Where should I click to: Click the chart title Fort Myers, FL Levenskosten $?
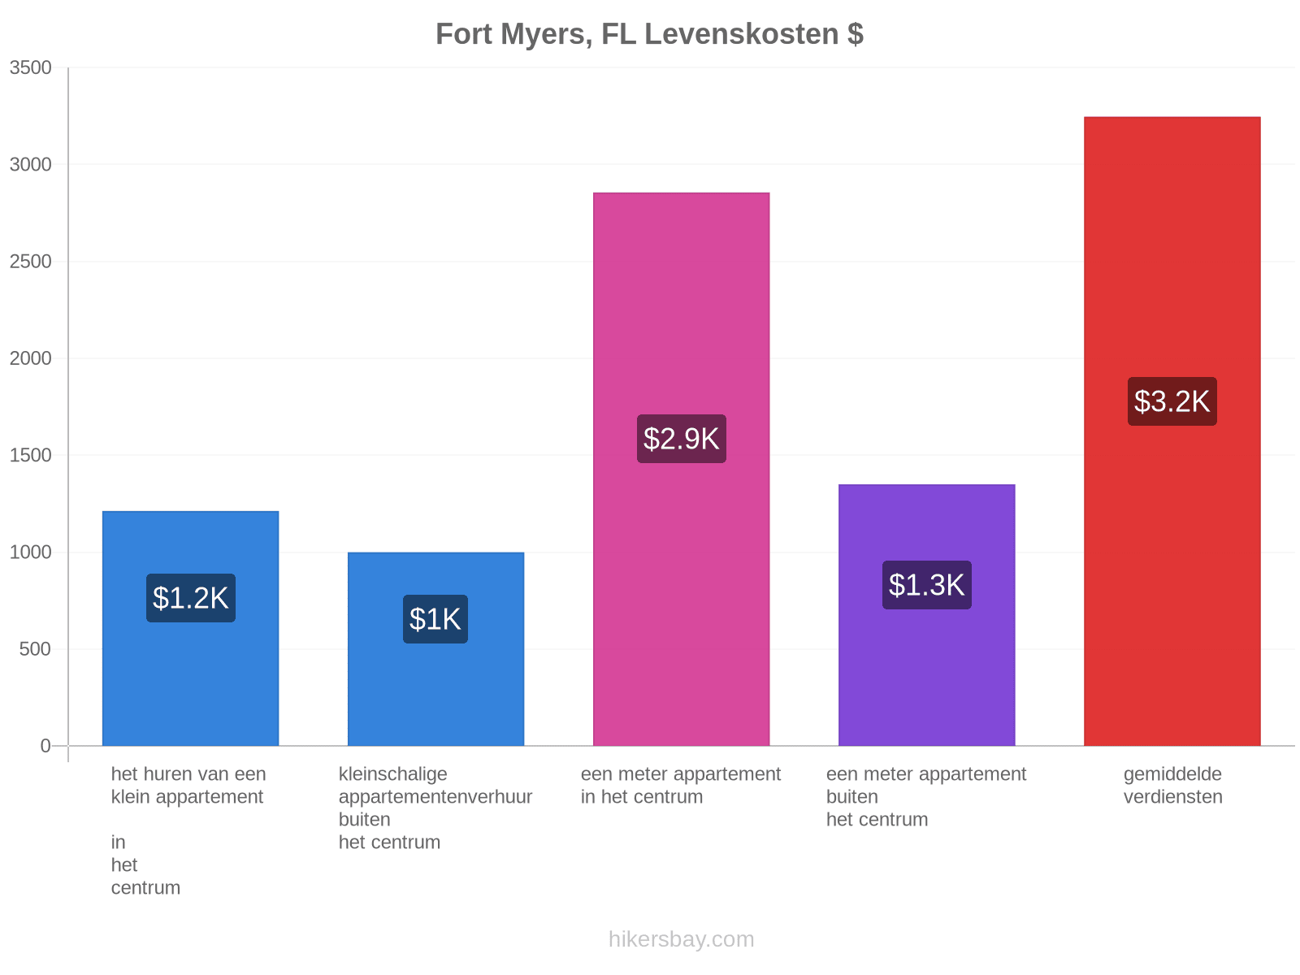649,34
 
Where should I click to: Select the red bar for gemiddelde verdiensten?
1172,431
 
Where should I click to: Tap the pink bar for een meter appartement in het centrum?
681,469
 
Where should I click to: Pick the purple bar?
926,615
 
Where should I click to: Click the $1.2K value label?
191,598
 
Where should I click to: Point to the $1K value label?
435,619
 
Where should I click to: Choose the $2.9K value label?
681,439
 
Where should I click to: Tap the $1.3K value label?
926,585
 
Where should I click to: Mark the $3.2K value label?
1172,401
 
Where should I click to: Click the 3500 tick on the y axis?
30,67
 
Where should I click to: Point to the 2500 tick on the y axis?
30,261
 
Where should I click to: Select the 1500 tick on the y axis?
30,455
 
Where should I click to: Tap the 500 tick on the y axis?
35,649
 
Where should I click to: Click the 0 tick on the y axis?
45,746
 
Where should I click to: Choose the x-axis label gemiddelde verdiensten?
1172,786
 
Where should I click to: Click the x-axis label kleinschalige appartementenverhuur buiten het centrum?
435,808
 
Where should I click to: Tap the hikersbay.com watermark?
681,939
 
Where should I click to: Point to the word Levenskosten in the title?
741,34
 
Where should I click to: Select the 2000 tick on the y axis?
30,358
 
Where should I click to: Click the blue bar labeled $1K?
435,649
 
